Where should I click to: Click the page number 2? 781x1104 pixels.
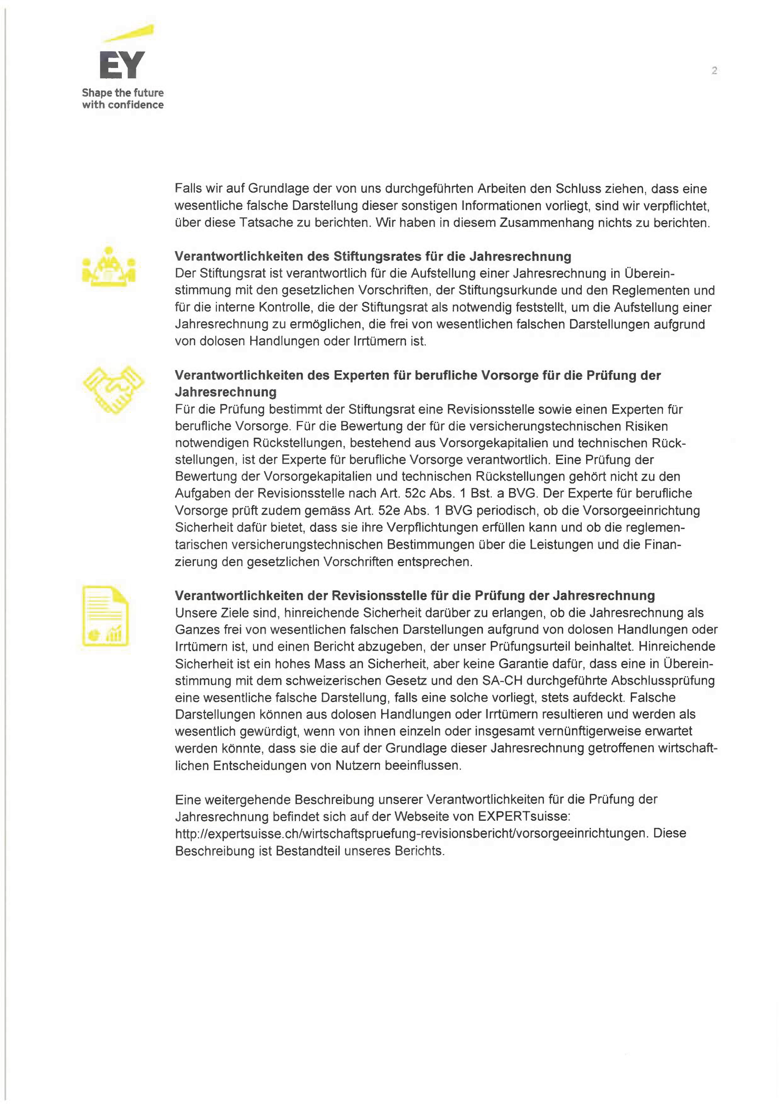714,71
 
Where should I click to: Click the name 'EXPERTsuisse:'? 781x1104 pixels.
524,816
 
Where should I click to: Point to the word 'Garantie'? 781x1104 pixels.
525,664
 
